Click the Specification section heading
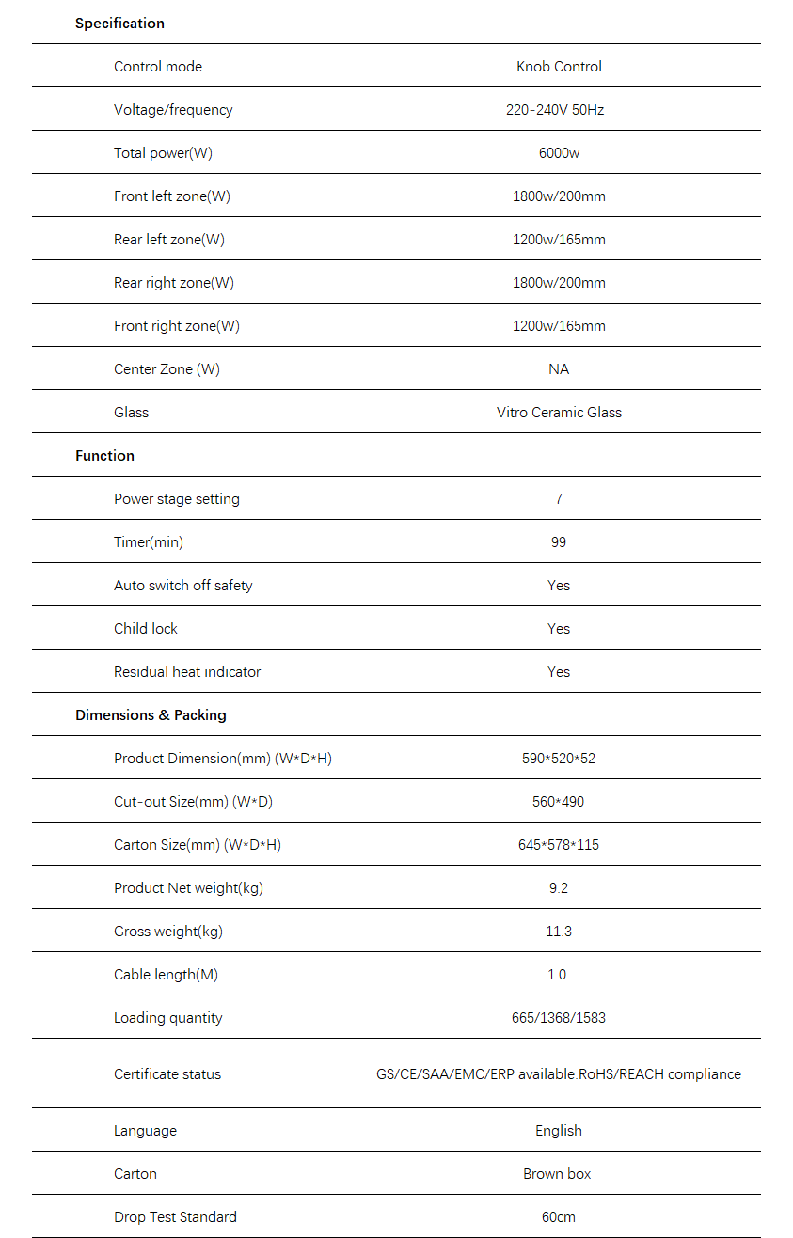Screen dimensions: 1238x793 (x=119, y=24)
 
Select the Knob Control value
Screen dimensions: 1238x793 (x=559, y=67)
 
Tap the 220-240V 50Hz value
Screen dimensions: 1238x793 (x=555, y=110)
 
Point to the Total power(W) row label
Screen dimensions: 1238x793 (x=163, y=153)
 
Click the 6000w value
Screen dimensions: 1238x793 (x=559, y=153)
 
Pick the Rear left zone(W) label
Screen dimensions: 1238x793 (x=169, y=240)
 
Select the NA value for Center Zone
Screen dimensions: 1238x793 (x=559, y=369)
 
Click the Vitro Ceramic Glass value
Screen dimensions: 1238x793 (x=559, y=413)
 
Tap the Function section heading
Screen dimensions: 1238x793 (x=104, y=456)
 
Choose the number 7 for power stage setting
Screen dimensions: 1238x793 (x=559, y=499)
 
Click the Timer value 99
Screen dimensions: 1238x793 (x=559, y=542)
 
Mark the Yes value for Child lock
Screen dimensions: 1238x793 (x=559, y=629)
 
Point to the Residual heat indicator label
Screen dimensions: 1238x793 (x=187, y=672)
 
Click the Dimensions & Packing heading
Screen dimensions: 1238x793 (x=151, y=715)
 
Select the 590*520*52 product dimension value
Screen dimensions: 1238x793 (x=559, y=759)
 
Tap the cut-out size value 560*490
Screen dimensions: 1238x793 (x=559, y=802)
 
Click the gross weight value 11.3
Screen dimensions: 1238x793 (x=559, y=932)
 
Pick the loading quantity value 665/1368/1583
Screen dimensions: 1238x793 (x=559, y=1018)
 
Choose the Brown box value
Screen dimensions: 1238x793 (x=557, y=1174)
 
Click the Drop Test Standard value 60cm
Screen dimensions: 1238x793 (x=559, y=1217)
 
